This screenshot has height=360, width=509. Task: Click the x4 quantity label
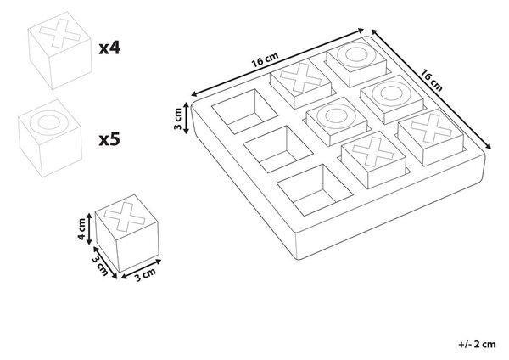pos(109,48)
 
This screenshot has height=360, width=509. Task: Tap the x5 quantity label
pos(109,139)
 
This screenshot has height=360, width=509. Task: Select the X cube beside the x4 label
pos(59,50)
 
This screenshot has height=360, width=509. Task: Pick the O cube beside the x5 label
pos(50,138)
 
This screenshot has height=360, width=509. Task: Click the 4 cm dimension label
pos(81,229)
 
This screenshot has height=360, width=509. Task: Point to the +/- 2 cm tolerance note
pos(477,344)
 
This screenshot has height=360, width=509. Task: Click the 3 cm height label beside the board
pos(177,119)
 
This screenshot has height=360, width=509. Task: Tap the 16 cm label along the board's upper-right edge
pos(432,80)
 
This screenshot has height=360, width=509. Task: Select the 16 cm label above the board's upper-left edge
pos(266,59)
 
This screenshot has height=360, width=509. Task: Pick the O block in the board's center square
pos(336,121)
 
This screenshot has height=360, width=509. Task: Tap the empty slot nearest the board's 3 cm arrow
pos(245,111)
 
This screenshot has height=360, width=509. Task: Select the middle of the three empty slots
pos(278,149)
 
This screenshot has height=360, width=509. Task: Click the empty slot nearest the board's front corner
pos(315,189)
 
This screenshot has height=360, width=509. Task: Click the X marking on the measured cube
pos(125,217)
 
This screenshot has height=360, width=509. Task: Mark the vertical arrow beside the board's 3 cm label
pos(186,118)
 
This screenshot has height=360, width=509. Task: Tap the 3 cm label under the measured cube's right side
pos(145,275)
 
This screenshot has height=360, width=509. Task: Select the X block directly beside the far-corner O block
pos(300,85)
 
